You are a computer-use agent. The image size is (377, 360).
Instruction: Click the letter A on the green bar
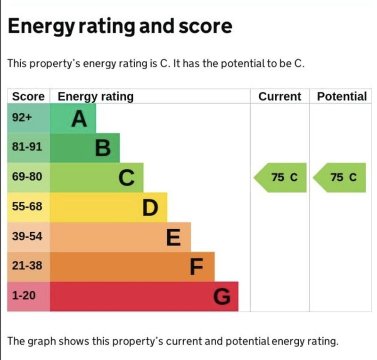tap(79, 119)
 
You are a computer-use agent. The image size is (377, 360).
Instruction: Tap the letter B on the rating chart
tap(103, 148)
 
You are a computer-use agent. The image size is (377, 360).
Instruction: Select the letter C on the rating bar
tap(127, 178)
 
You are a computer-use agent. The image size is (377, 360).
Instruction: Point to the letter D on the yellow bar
tap(150, 208)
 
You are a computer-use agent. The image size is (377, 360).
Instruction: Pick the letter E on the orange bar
tap(173, 237)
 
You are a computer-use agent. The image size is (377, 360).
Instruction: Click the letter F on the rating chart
tap(197, 267)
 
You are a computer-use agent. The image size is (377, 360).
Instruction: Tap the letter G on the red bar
tap(222, 297)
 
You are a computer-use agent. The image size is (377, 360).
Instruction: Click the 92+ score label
tap(22, 118)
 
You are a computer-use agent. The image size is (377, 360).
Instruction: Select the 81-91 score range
tap(27, 147)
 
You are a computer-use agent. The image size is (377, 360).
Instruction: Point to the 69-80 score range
tap(27, 177)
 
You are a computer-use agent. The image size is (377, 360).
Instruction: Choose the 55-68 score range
tap(27, 207)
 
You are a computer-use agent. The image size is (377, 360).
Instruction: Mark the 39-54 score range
tap(27, 236)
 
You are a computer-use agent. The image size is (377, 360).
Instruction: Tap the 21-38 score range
tap(27, 266)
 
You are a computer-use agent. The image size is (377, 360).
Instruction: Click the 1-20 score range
tap(24, 296)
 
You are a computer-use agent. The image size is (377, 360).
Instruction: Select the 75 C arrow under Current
tap(281, 177)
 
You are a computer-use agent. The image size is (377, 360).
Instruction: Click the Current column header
tap(279, 97)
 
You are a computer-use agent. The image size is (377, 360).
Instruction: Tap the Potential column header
tap(342, 97)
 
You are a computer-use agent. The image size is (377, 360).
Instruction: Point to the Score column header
tap(28, 97)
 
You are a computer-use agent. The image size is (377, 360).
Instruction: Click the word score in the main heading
tap(205, 26)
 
